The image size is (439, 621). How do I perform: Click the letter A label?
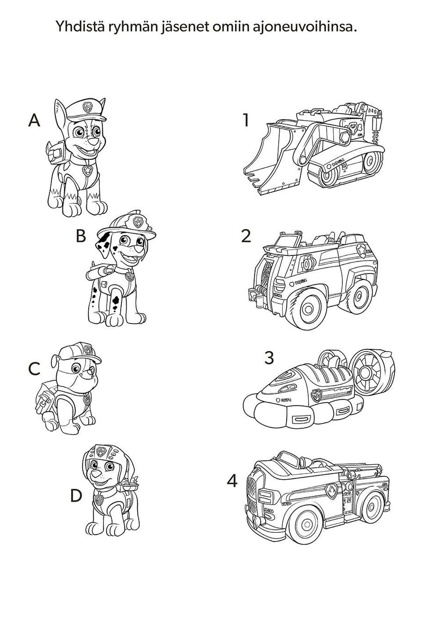34,121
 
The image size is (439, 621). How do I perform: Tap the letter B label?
81,236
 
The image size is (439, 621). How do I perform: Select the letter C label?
34,368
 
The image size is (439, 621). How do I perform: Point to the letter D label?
76,496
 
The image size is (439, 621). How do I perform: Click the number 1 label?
245,121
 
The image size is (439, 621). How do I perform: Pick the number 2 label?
246,236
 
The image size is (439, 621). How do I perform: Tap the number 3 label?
269,358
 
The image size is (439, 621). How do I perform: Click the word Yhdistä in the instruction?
79,27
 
